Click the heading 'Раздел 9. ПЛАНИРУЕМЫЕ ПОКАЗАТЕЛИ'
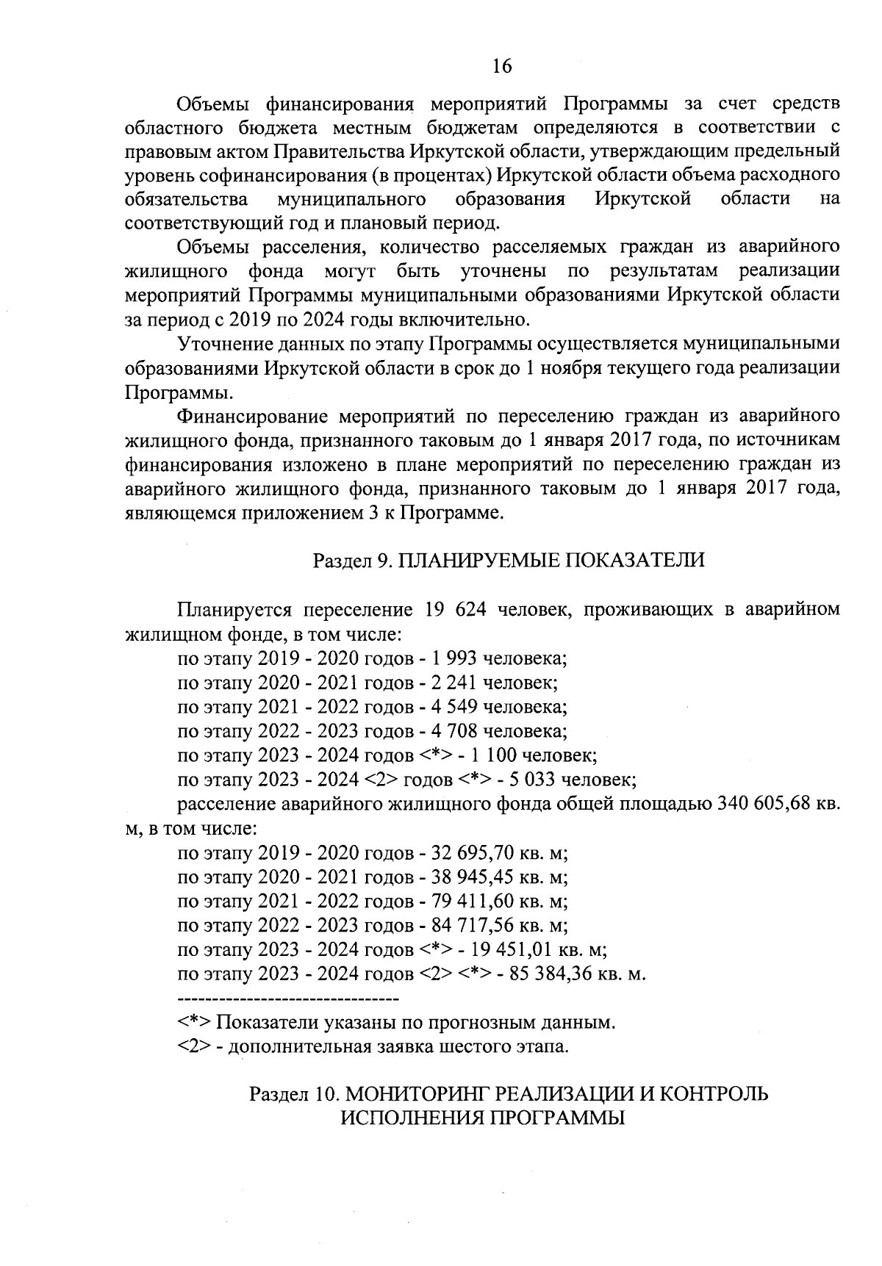pos(509,561)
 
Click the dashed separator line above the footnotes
pos(287,999)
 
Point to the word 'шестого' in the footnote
pos(476,1046)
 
